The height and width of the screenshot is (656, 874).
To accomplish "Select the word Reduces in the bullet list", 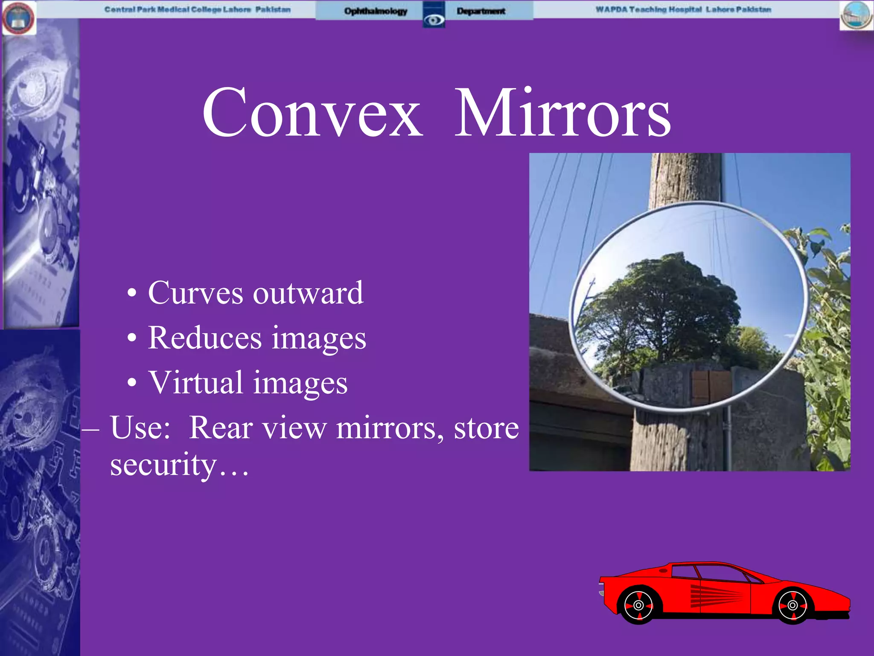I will [205, 338].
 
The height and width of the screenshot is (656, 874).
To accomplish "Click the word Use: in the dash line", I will [140, 428].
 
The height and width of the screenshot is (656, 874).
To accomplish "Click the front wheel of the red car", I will [792, 605].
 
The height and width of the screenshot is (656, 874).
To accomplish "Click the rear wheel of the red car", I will [638, 605].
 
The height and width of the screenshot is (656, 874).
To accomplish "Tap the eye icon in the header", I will [434, 19].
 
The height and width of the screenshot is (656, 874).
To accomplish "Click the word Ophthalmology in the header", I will [376, 11].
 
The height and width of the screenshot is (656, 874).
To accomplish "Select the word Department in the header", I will [481, 11].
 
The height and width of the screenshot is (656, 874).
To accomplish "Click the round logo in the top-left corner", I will [19, 18].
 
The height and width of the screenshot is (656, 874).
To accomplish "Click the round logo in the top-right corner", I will [856, 15].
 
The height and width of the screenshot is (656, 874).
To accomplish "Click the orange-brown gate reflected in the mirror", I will [712, 387].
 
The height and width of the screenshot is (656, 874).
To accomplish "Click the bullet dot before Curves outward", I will [132, 293].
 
